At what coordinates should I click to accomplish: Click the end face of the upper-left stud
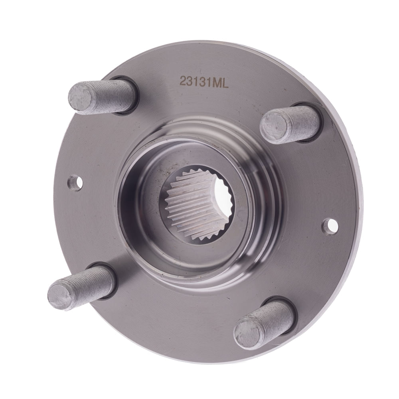coord(80,97)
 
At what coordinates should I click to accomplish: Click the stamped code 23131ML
coord(204,82)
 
